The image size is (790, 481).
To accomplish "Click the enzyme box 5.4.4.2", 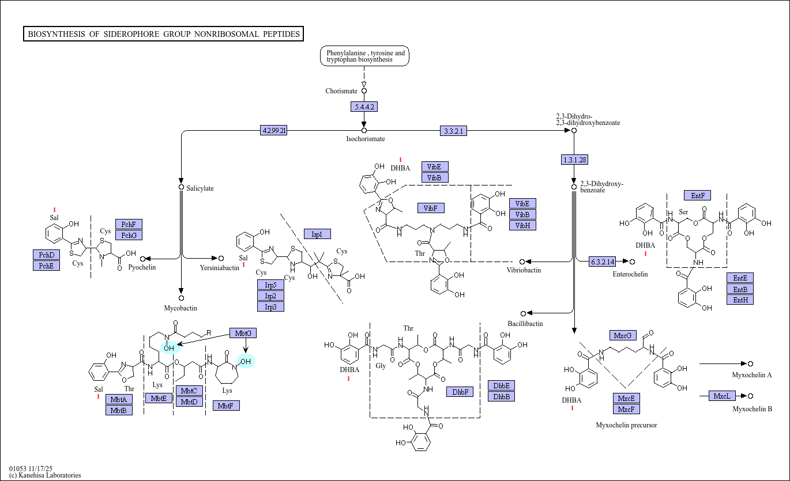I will coord(364,107).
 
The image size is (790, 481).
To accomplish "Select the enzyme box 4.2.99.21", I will coord(274,131).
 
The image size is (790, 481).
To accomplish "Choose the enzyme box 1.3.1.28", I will coord(574,160).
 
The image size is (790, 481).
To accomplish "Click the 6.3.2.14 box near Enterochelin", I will coord(603,262).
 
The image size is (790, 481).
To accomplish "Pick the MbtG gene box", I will coord(243,333).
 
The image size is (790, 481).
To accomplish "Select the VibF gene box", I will coord(431,208).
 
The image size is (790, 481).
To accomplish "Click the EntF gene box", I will coord(697,195).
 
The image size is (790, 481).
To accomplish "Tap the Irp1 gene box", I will coord(317,234).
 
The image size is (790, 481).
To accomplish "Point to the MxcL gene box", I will coord(722,396).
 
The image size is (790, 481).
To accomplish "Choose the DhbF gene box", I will coord(460,392).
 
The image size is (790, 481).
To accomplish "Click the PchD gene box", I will coord(46,255).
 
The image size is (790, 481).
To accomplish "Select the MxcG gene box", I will coord(623,335).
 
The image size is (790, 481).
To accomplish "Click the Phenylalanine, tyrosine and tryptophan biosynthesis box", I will coord(365,56).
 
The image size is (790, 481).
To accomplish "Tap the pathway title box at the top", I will coord(164,34).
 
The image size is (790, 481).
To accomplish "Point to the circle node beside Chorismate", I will coord(364,90).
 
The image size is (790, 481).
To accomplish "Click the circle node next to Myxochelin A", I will coord(750,363).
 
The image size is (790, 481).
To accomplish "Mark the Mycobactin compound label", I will coord(180,308).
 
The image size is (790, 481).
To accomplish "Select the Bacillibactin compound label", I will coord(525,324).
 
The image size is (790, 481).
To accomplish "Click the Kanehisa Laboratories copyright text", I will coord(45,475).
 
